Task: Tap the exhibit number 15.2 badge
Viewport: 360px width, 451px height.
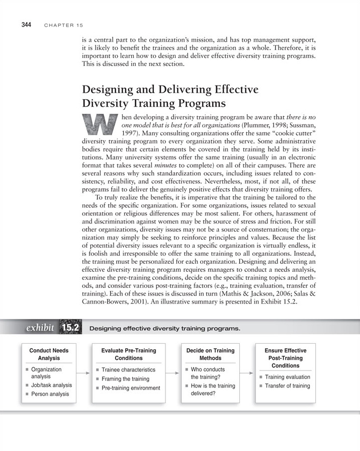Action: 71,328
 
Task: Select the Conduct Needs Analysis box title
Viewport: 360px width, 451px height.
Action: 49,354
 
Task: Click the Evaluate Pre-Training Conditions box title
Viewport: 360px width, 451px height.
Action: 129,354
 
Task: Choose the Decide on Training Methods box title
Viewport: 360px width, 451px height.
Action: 210,354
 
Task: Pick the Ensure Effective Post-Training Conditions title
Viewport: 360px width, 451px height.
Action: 285,357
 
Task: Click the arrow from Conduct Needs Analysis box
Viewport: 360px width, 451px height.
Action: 83,373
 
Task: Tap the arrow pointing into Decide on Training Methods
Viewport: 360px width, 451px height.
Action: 172,373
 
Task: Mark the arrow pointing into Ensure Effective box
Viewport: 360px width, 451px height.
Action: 248,373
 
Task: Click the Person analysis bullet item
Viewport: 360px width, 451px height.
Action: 50,394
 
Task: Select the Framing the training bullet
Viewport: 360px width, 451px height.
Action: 126,379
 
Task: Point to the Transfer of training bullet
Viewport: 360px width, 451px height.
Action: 287,386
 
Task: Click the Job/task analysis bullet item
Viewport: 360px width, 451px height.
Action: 51,385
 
